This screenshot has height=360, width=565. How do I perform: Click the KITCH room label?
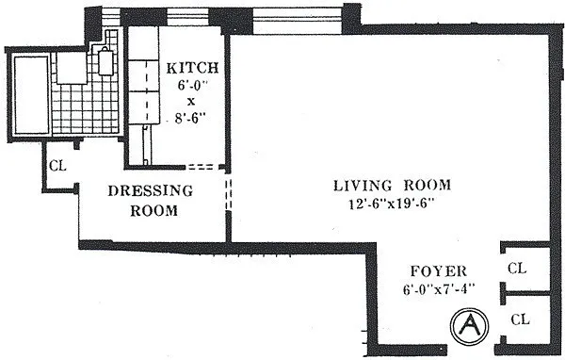coord(192,68)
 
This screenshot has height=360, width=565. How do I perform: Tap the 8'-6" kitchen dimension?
coord(192,118)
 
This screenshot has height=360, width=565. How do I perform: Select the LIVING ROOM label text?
coord(392,185)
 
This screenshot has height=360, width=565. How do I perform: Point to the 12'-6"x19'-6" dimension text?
coord(391,205)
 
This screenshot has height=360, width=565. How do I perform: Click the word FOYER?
coord(439,270)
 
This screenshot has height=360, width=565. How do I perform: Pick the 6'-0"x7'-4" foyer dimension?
coord(439,289)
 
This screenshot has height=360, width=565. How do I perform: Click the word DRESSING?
coord(151,190)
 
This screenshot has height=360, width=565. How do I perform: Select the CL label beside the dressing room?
coord(58,166)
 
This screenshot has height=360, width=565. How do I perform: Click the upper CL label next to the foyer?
coord(517,268)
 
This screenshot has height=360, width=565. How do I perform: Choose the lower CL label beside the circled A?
coord(521,319)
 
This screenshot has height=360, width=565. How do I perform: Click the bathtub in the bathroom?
coord(31,94)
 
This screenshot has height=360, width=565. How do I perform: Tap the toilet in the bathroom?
coord(105,61)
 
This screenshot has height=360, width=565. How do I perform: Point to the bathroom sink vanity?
coord(72,68)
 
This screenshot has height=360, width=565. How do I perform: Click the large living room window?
coord(297,21)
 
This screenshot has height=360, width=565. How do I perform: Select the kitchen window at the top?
coord(187,17)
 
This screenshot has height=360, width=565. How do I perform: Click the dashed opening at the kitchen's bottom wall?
coord(202,167)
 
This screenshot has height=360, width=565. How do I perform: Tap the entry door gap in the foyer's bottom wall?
coord(471,350)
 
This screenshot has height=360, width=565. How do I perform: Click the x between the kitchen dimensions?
coord(191,102)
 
